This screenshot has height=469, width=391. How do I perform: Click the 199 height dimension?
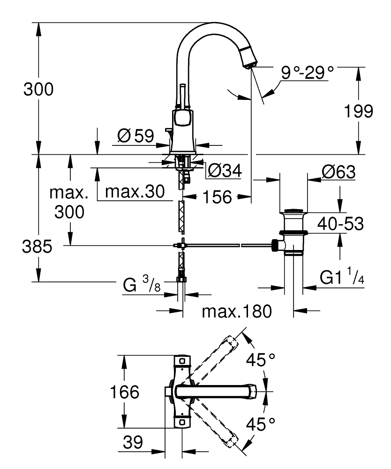pos(359,111)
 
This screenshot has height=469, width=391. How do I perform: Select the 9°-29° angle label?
pos(308,73)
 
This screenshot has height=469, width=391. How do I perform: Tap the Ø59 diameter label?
pos(135,136)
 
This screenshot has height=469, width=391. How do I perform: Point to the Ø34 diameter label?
pos(224,171)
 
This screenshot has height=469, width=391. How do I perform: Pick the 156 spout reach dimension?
pos(218,197)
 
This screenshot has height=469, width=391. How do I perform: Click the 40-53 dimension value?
pos(340,224)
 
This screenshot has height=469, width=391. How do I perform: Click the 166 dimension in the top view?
pos(124,392)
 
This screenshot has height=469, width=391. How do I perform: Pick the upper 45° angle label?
pos(261,361)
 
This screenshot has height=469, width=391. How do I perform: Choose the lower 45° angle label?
pos(261,424)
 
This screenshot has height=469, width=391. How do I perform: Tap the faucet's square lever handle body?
pos(182,120)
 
